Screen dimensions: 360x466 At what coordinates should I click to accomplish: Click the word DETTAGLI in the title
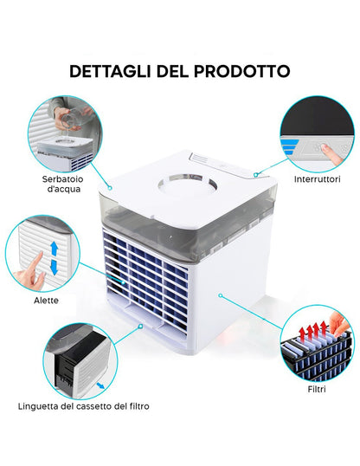(110, 71)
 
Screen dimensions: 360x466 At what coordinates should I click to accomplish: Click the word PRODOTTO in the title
(242, 71)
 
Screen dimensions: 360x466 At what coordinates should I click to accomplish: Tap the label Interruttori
(317, 179)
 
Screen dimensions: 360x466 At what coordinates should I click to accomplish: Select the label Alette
(46, 301)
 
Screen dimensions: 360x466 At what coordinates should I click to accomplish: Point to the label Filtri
(317, 389)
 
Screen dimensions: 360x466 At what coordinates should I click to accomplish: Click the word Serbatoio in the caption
(62, 179)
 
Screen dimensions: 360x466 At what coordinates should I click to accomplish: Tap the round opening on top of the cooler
(188, 184)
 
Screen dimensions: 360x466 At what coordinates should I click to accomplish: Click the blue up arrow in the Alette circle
(54, 249)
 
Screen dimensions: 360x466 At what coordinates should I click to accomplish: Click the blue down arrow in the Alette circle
(54, 267)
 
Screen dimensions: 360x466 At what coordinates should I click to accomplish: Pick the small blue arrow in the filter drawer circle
(100, 385)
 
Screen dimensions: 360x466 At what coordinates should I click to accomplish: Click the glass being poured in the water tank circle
(70, 119)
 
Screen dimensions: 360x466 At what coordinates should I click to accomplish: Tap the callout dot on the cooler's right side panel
(221, 295)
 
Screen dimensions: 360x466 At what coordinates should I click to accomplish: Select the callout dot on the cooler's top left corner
(110, 188)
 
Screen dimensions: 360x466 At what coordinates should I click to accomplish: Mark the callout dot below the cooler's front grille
(140, 326)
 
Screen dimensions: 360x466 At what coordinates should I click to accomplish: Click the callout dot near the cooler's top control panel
(255, 175)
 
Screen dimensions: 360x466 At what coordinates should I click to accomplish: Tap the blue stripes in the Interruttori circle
(289, 146)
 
